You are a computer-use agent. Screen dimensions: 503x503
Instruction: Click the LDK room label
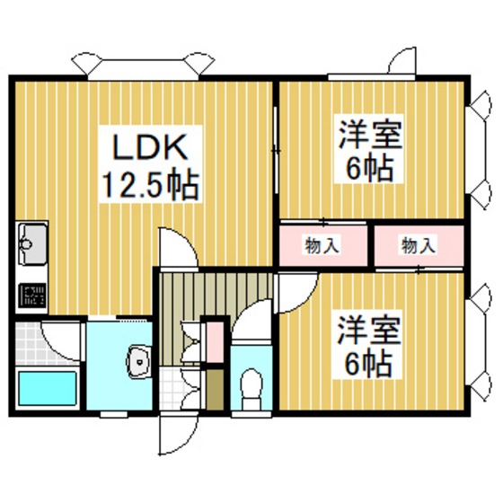coord(150,147)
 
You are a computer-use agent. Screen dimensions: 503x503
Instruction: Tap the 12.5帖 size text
coord(150,185)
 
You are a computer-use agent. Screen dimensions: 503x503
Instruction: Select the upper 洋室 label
coord(370,135)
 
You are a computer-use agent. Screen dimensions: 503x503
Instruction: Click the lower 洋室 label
coord(369,331)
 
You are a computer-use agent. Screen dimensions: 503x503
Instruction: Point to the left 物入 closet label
coord(322,246)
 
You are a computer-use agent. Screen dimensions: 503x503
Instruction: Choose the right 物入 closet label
coord(419,246)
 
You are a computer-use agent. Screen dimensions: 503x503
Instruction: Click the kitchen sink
coord(32,244)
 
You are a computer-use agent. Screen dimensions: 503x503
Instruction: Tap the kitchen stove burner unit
coord(31,296)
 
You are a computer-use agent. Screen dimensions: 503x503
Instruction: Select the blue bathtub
coord(47,388)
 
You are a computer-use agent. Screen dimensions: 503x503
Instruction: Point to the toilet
coord(251,388)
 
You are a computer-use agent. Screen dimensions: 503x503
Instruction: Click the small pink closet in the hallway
coord(215,341)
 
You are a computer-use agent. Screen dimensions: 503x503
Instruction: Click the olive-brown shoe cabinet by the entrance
coord(215,390)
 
